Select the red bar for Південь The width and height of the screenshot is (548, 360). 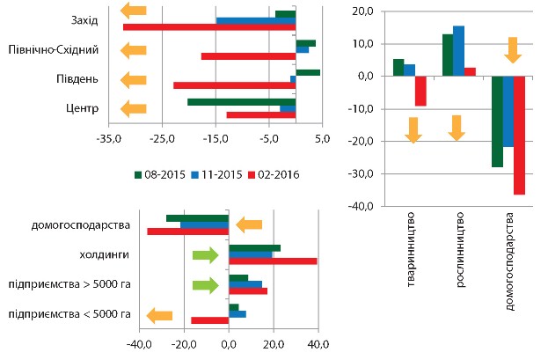click(x=234, y=85)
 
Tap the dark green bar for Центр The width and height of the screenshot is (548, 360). click(x=241, y=102)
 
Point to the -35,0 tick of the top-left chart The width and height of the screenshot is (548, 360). click(x=109, y=139)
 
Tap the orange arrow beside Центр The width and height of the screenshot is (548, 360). click(x=134, y=109)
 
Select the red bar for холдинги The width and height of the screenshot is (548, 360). click(x=272, y=261)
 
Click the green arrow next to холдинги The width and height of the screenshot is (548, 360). click(x=204, y=255)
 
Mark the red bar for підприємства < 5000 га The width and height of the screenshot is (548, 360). click(x=209, y=320)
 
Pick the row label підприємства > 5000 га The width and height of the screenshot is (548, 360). click(x=69, y=285)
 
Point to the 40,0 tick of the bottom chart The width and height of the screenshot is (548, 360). click(x=317, y=343)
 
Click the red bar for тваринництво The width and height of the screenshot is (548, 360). click(x=420, y=91)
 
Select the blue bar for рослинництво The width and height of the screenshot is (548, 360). click(x=458, y=51)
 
